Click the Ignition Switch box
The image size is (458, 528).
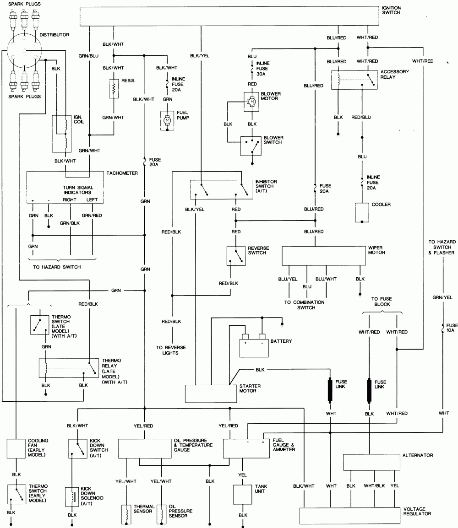[x=229, y=16]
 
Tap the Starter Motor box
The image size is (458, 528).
[x=208, y=392]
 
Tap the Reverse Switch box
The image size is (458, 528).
[x=236, y=256]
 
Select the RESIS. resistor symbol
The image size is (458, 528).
[x=113, y=90]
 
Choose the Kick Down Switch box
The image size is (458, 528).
[x=78, y=448]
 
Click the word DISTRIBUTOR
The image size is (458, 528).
[x=55, y=34]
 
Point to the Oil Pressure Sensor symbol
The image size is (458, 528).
[x=161, y=514]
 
